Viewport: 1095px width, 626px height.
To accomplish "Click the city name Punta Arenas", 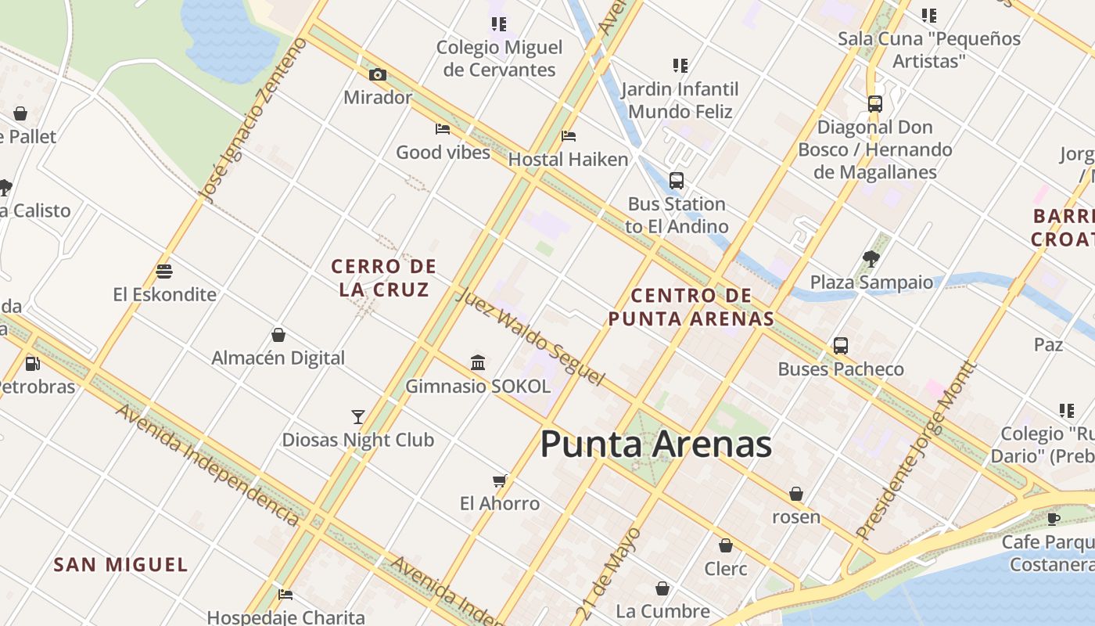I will pos(655,444).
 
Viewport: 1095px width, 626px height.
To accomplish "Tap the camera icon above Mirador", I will pos(378,74).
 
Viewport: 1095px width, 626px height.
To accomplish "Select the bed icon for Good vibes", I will pos(443,129).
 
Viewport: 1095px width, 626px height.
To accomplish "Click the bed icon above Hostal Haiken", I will pos(569,136).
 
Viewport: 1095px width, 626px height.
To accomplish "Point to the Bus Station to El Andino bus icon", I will pos(677,181).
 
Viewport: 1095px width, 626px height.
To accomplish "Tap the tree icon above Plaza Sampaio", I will pos(871,258).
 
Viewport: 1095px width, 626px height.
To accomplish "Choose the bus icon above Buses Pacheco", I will pos(841,346).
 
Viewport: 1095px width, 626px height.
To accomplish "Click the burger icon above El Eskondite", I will pos(164,272).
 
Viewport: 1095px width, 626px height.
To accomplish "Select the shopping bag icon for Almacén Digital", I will pos(278,335).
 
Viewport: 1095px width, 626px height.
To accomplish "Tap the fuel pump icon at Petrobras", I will pos(32,363).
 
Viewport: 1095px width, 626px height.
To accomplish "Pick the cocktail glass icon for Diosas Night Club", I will pos(358,417).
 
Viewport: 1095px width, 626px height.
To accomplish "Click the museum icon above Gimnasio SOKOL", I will pos(478,363).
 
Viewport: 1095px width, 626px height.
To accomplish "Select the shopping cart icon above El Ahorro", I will pos(500,480).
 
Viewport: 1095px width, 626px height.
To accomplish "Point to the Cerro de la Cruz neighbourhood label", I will pos(383,278).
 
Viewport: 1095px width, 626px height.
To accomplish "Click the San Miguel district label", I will pos(120,564).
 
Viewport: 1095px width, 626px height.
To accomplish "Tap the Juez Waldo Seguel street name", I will pos(530,337).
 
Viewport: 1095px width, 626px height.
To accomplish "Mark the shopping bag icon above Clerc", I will pos(726,545).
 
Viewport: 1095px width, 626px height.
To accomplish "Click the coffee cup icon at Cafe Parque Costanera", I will pos(1054,518).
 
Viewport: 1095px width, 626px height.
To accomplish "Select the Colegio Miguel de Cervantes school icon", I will pos(499,24).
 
